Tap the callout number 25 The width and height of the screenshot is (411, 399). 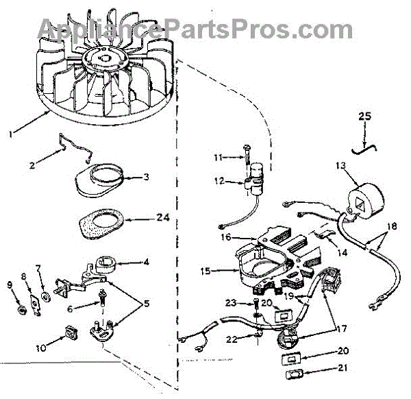(364, 117)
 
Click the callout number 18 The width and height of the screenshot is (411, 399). (391, 227)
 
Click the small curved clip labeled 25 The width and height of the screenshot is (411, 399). (363, 146)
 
